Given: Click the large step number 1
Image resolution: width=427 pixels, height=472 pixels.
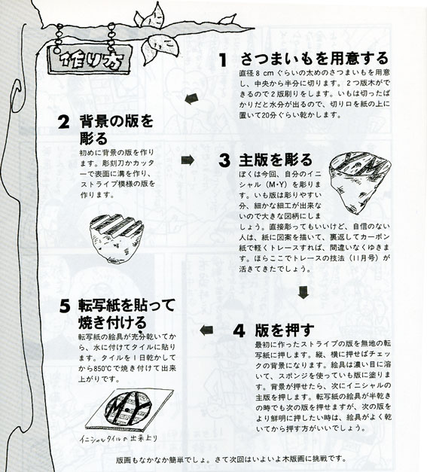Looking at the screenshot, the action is click(x=223, y=60).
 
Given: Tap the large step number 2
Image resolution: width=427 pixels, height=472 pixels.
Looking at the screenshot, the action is click(x=64, y=122).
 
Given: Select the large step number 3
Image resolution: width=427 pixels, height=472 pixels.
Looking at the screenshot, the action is click(x=224, y=160).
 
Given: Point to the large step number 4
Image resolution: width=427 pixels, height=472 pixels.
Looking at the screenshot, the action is click(x=239, y=331).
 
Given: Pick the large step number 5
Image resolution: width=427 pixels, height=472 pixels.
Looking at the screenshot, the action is click(x=65, y=306).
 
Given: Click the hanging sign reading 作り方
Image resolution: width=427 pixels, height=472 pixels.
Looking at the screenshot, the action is click(x=90, y=59).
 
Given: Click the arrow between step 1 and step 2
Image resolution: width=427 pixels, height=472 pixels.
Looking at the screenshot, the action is click(x=191, y=99).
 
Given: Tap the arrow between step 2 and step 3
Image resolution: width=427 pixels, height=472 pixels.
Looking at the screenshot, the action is click(x=188, y=160).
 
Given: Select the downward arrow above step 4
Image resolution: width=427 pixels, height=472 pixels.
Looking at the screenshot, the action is click(x=303, y=292).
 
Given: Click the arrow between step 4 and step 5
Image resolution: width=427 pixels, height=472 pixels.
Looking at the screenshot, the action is click(x=206, y=330).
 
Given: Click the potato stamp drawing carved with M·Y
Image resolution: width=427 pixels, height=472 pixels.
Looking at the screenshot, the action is click(x=360, y=183).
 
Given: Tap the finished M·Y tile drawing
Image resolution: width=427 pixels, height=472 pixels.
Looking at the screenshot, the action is click(x=130, y=409).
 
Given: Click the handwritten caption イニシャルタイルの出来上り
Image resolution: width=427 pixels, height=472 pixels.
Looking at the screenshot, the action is click(x=119, y=439).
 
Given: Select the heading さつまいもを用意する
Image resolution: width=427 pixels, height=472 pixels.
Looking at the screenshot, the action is click(x=314, y=59).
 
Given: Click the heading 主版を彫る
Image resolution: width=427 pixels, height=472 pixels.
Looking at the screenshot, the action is click(x=275, y=160).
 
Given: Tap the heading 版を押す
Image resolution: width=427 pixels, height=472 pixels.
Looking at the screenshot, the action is click(x=285, y=330).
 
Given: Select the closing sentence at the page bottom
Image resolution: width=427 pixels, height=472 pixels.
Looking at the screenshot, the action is click(x=230, y=459).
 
